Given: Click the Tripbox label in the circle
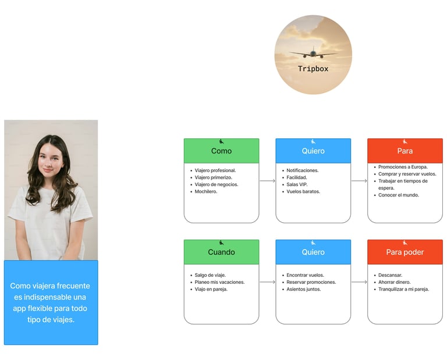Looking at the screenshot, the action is click(x=313, y=69).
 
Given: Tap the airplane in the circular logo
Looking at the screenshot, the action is click(x=313, y=54).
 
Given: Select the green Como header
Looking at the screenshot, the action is click(x=221, y=151).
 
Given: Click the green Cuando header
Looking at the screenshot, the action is click(x=221, y=252).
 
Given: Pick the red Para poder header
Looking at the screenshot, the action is click(x=405, y=252).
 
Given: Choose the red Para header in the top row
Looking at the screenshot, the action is click(x=405, y=151).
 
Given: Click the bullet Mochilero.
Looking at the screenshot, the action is click(x=206, y=191).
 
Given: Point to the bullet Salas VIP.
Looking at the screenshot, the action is click(x=297, y=184).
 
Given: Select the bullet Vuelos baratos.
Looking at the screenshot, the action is click(x=303, y=191).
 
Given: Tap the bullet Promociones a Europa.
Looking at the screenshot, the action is click(x=403, y=167).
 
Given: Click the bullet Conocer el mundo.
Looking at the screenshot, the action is click(x=399, y=195).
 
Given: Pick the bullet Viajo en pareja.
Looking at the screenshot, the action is click(x=211, y=289).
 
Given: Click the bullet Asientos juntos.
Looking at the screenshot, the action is click(x=303, y=289).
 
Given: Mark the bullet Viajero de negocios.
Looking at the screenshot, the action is click(x=217, y=184).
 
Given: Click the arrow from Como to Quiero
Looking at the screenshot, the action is click(x=267, y=181).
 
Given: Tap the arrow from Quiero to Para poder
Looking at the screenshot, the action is click(x=359, y=282).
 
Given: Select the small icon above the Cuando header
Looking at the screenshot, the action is click(x=221, y=243).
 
